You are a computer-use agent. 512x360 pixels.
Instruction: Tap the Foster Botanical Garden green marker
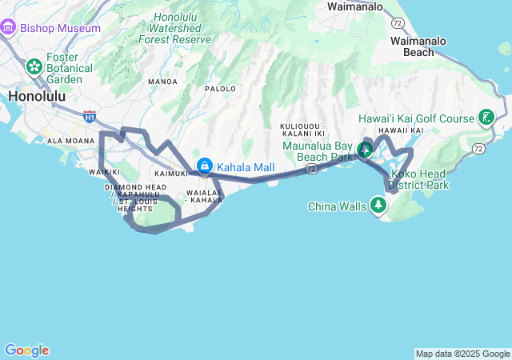[x=34, y=66]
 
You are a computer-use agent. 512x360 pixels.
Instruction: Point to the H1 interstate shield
[x=90, y=117]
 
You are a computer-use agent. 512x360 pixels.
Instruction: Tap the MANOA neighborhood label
[x=162, y=82]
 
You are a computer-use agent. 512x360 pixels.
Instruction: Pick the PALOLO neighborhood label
[x=220, y=89]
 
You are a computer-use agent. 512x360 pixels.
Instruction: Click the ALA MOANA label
[x=71, y=141]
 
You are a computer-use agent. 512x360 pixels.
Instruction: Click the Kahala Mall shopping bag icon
[x=205, y=166]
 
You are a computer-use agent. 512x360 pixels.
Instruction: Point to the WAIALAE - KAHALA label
[x=204, y=196]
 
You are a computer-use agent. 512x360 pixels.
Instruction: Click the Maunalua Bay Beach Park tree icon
[x=366, y=149]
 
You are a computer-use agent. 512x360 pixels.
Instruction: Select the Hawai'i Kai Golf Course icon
[x=485, y=118]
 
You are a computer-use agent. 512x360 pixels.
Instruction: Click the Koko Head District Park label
[x=418, y=179]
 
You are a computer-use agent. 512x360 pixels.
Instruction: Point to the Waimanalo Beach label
[x=423, y=46]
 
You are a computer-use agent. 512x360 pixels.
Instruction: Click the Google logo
[x=26, y=350]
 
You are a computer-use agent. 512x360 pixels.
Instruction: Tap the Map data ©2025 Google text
[x=462, y=354]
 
